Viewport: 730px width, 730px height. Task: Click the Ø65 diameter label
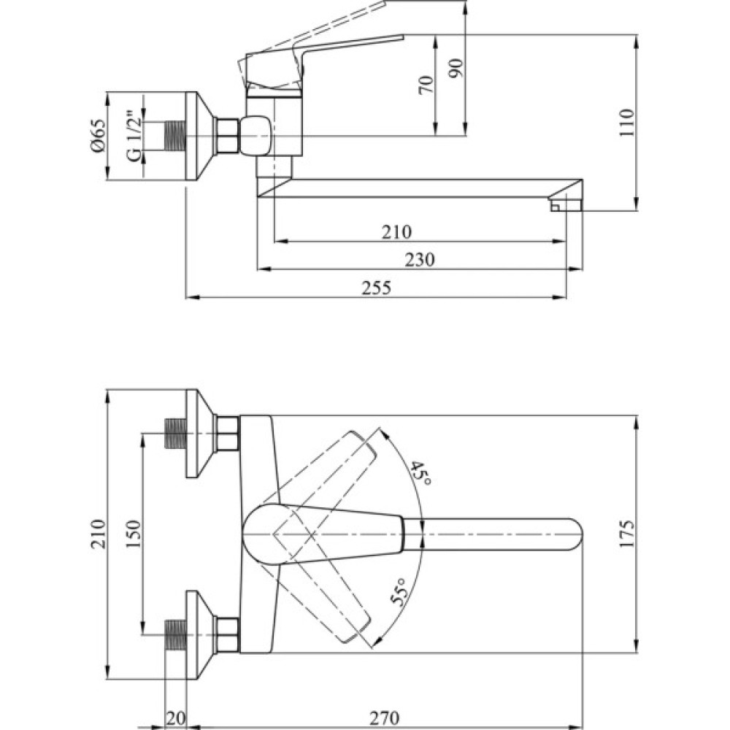click(99, 136)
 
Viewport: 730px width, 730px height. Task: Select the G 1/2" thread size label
click(133, 136)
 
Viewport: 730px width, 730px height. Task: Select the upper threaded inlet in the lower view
click(175, 434)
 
